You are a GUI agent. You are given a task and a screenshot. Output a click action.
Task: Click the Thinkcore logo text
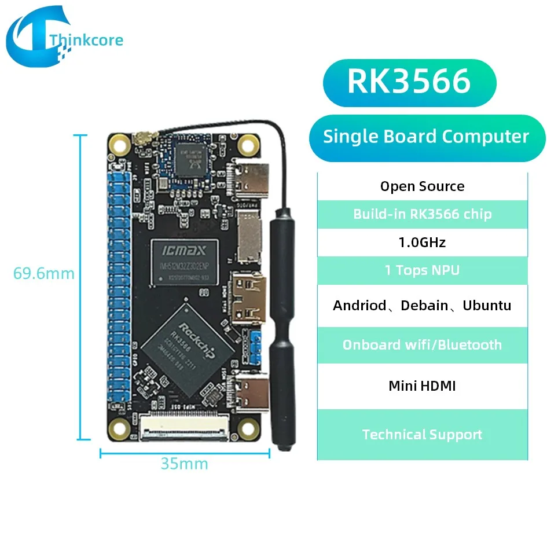(x=86, y=40)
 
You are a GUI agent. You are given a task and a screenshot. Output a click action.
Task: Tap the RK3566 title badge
(x=409, y=82)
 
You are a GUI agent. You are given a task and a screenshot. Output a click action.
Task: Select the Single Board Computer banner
(x=426, y=137)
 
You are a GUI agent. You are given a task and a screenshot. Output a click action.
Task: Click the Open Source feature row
(x=422, y=186)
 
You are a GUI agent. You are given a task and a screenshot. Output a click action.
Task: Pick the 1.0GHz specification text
(x=422, y=242)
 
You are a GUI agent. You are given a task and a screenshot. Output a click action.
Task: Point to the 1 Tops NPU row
(x=422, y=270)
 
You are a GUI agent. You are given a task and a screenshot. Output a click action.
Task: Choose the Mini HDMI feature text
(x=422, y=386)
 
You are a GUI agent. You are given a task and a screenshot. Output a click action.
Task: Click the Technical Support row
(x=422, y=435)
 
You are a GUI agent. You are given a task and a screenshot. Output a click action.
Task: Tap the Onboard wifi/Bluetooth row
(x=422, y=345)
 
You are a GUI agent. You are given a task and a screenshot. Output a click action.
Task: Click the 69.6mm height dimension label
(x=44, y=273)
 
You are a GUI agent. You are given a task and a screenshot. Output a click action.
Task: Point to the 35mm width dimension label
(x=184, y=464)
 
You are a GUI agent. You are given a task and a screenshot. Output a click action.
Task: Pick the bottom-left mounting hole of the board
(x=120, y=429)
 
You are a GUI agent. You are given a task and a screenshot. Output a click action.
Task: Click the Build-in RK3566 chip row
(x=422, y=214)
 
